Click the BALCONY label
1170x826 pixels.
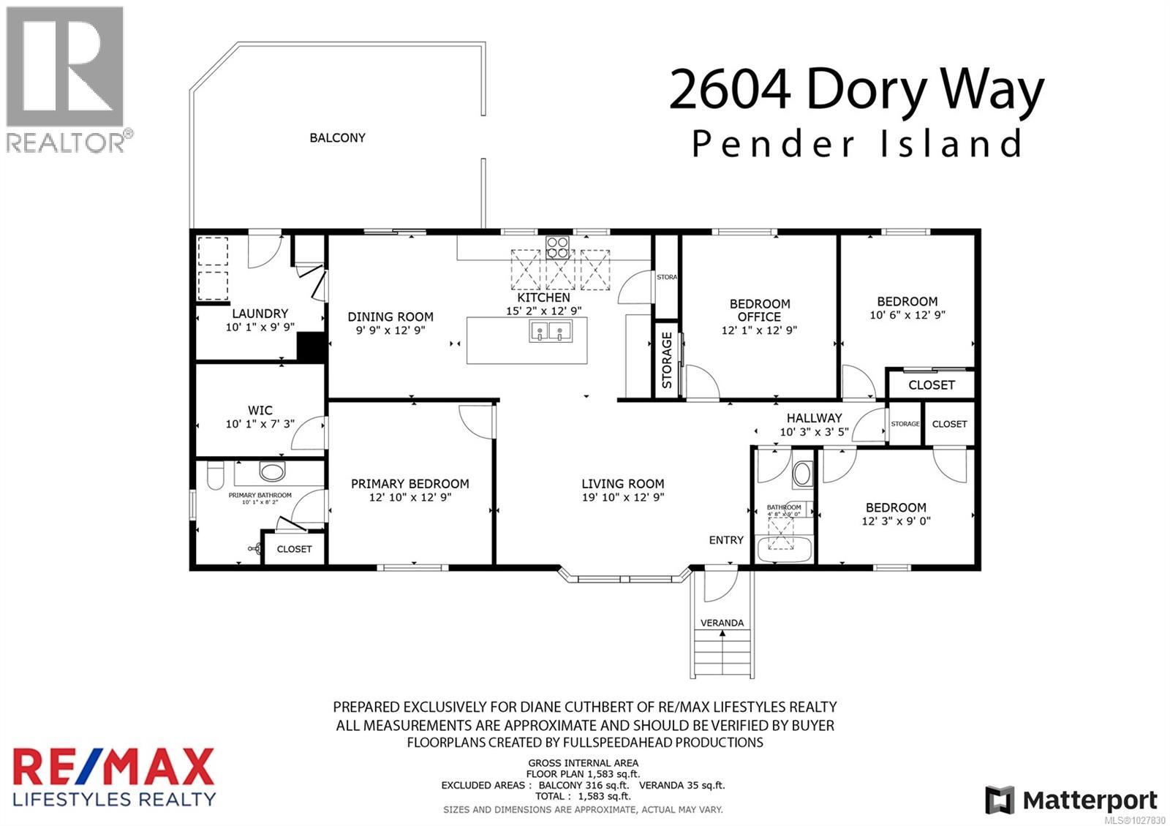[337, 137]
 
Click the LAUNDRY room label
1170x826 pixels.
[260, 314]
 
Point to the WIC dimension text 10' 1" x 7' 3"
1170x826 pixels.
[260, 424]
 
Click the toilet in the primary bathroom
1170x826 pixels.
[215, 479]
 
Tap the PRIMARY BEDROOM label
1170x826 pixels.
[409, 484]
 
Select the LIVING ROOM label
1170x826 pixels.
[622, 484]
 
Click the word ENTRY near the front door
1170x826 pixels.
[725, 540]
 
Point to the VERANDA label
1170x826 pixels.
[722, 623]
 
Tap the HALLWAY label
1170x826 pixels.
[814, 418]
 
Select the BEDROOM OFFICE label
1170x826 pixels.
[759, 310]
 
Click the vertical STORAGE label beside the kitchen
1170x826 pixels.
[667, 360]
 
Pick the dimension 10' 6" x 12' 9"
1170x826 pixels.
[907, 316]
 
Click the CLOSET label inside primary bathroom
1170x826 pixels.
[294, 549]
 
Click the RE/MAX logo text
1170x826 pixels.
[113, 768]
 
